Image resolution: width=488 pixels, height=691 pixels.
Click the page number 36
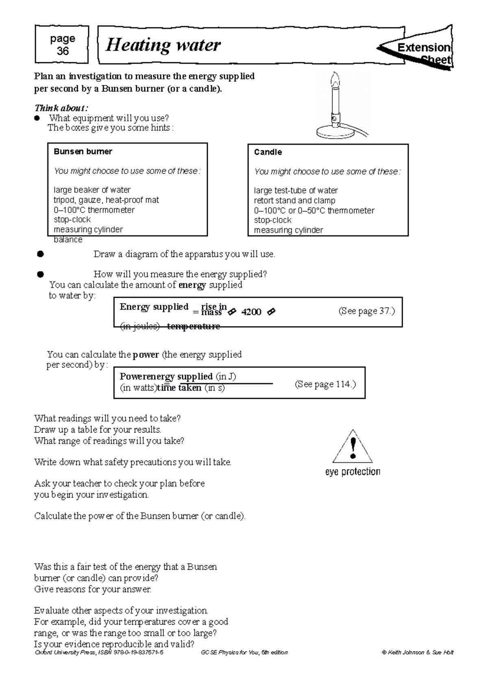(62, 51)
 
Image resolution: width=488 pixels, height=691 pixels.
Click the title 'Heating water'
(163, 45)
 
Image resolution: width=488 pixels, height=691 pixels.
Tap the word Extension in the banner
(424, 48)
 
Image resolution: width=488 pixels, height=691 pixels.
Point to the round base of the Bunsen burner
(334, 132)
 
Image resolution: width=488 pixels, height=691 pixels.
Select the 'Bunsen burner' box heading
(83, 152)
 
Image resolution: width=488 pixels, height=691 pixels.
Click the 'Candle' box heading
(268, 152)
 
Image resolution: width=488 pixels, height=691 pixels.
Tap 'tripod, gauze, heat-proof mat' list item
(106, 200)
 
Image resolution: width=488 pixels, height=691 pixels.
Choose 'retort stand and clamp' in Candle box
(294, 201)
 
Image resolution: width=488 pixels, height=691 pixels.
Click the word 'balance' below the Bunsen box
(68, 240)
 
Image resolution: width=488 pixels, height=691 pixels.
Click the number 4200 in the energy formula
(251, 312)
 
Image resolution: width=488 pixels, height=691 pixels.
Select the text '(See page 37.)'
(366, 311)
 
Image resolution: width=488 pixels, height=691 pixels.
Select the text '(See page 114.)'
(325, 384)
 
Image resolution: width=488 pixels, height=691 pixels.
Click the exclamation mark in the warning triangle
(353, 448)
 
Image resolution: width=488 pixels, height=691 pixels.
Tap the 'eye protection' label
(353, 472)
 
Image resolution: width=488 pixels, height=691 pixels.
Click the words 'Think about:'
(61, 108)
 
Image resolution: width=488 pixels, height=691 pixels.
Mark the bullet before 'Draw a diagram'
(40, 254)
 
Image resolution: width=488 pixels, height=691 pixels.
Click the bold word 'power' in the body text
(146, 355)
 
